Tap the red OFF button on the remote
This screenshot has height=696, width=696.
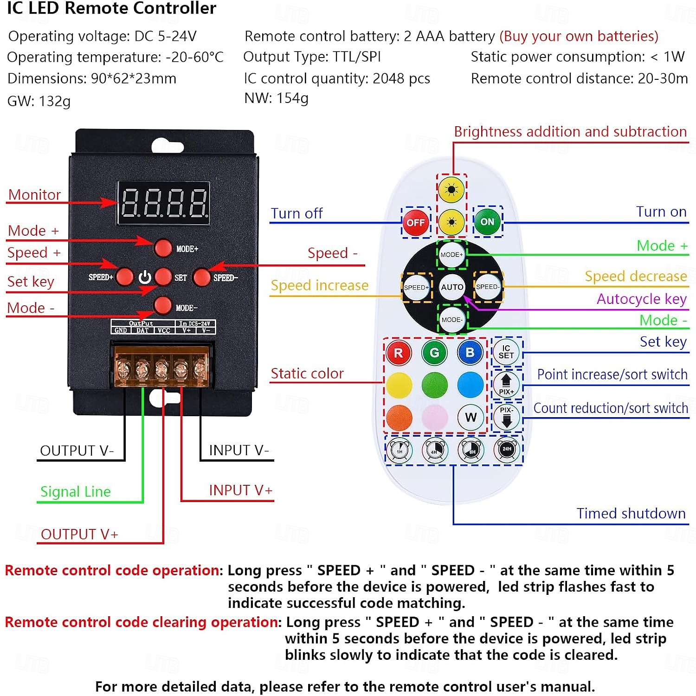click(x=415, y=223)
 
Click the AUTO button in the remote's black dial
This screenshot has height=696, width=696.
click(x=452, y=287)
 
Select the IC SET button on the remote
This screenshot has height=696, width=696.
click(x=506, y=352)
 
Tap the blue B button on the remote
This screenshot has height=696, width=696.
click(x=470, y=352)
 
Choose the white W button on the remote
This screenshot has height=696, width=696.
click(x=470, y=417)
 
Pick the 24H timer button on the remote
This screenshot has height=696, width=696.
click(x=507, y=449)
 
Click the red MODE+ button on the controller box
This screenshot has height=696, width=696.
click(x=163, y=248)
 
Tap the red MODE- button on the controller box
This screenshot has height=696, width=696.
click(x=162, y=306)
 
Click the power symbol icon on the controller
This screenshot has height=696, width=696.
click(x=145, y=277)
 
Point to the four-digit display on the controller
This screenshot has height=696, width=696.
click(x=163, y=203)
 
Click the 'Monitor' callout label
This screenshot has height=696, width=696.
click(x=34, y=195)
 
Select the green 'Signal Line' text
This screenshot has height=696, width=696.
click(x=76, y=492)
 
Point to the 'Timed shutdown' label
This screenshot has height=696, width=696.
click(x=631, y=513)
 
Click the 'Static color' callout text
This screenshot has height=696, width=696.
click(x=307, y=374)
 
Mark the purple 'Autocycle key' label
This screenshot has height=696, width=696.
click(x=642, y=299)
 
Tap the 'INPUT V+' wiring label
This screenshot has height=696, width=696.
click(x=241, y=490)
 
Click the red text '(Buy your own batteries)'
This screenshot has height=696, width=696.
click(x=579, y=36)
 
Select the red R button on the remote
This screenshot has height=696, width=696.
click(x=399, y=353)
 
